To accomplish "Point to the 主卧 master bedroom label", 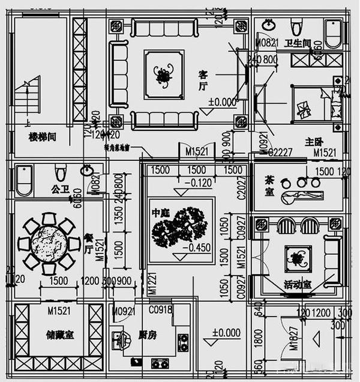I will tap(314, 142).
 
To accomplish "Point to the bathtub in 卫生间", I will tap(333, 34).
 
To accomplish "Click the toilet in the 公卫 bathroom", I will tap(59, 174).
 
